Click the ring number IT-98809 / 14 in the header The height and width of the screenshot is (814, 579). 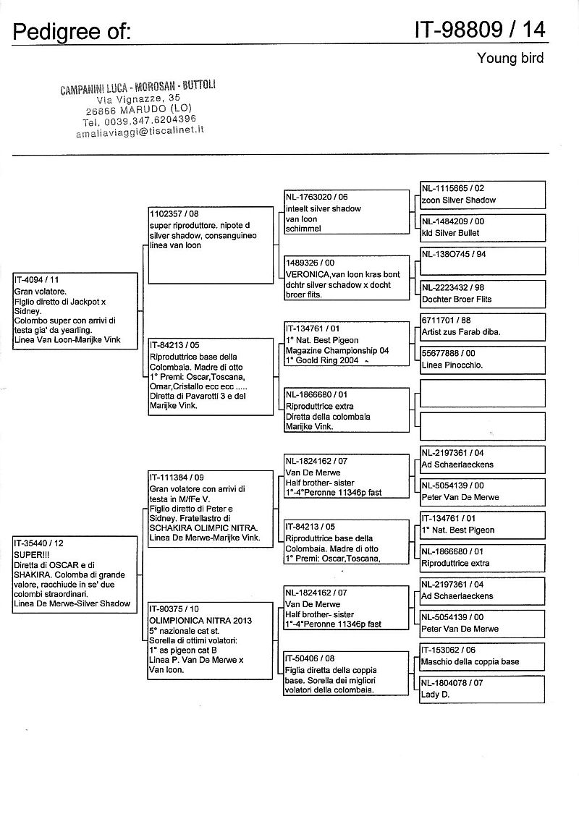pyautogui.click(x=480, y=29)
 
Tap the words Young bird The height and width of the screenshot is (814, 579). pyautogui.click(x=510, y=58)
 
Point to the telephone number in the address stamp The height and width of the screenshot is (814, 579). pyautogui.click(x=140, y=121)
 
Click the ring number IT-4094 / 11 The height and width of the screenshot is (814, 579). pyautogui.click(x=36, y=279)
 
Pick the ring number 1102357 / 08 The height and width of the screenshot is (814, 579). pyautogui.click(x=174, y=214)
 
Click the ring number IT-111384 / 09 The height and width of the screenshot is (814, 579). pyautogui.click(x=177, y=478)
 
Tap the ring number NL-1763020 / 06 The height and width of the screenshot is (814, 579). pyautogui.click(x=316, y=197)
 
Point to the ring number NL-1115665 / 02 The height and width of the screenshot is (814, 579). pyautogui.click(x=453, y=188)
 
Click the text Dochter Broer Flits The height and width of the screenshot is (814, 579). pyautogui.click(x=457, y=299)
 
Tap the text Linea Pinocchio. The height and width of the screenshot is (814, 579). pyautogui.click(x=452, y=365)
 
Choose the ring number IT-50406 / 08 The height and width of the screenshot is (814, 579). pyautogui.click(x=310, y=659)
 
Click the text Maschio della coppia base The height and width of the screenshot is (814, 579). pyautogui.click(x=470, y=662)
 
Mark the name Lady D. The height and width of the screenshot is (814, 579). pyautogui.click(x=435, y=695)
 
